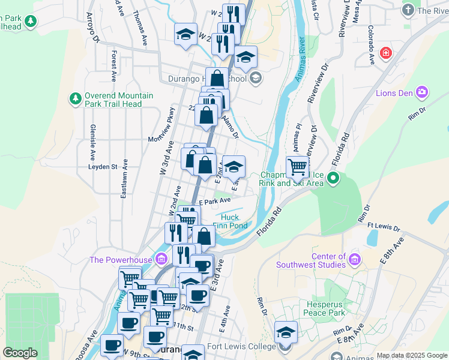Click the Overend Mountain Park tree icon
(x=75, y=99)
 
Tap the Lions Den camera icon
(x=423, y=92)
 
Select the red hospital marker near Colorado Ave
(x=385, y=53)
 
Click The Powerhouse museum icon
(x=161, y=259)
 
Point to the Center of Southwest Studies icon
(x=355, y=260)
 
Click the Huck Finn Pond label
(x=230, y=221)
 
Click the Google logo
(x=20, y=353)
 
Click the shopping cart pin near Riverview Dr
(x=297, y=167)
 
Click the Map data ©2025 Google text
(x=411, y=355)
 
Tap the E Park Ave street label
(x=215, y=202)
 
